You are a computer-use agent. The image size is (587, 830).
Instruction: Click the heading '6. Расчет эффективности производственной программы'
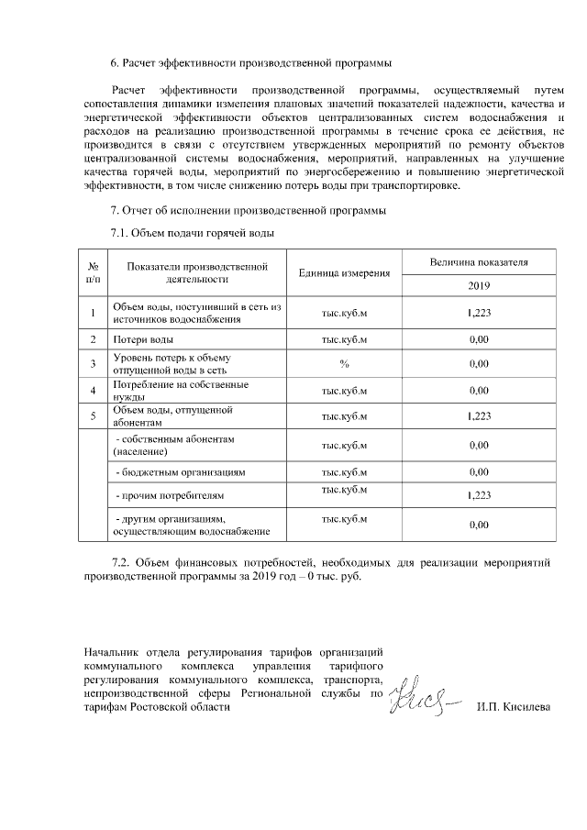point(250,63)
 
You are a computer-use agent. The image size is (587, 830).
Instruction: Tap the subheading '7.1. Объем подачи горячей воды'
point(192,234)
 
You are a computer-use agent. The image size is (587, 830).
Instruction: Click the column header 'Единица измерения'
point(344,273)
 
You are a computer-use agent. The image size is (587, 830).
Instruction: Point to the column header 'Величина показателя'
point(479,262)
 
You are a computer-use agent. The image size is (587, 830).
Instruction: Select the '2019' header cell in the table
point(479,285)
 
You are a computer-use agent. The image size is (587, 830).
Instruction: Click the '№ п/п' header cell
point(94,272)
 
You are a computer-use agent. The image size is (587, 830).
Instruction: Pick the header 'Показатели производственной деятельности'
point(197,272)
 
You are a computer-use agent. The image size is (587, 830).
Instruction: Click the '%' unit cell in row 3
point(344,364)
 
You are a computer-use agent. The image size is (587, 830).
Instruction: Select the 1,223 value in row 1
point(479,314)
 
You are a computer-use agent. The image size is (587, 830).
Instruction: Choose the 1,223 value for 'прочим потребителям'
point(479,496)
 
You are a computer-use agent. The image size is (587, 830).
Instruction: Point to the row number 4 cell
point(94,391)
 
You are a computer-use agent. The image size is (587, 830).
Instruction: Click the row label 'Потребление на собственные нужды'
point(167,391)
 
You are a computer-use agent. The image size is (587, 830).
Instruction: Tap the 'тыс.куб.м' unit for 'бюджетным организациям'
point(344,472)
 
